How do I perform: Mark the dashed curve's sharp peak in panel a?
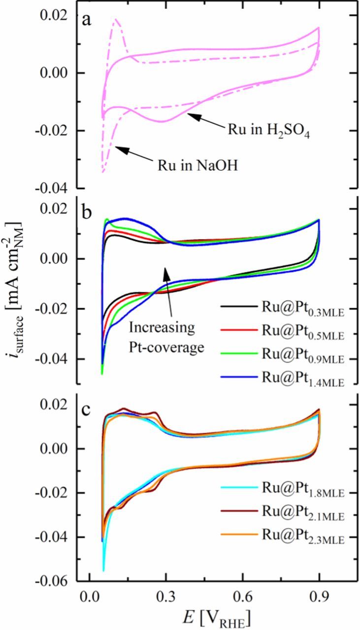116,20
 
